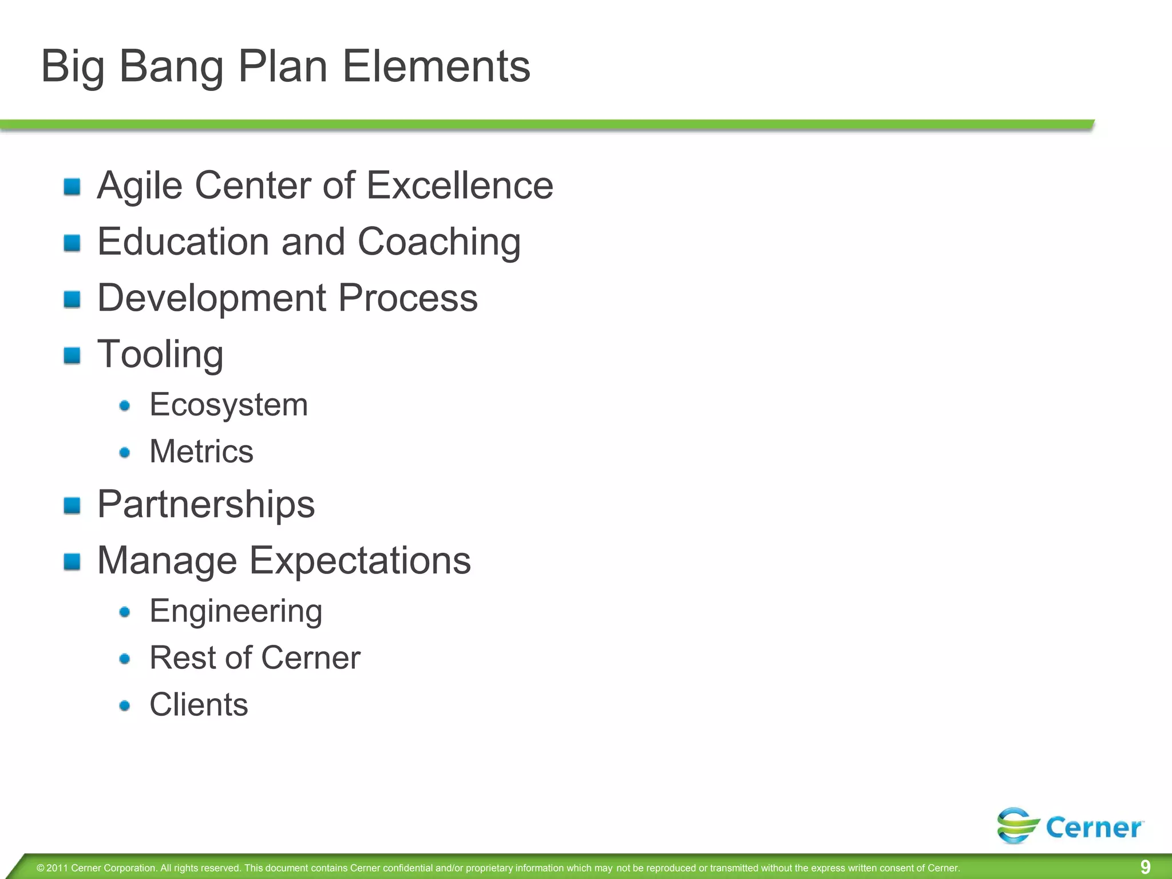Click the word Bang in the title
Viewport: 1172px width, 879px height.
click(171, 68)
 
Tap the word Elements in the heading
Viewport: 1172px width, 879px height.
click(436, 66)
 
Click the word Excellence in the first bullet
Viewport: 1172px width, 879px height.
click(460, 185)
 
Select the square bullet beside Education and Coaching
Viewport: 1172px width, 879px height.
click(72, 243)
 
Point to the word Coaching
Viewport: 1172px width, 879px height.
click(439, 243)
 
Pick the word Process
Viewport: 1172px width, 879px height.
click(407, 298)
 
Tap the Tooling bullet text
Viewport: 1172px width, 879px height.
click(160, 355)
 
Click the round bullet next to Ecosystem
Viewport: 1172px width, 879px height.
click(125, 406)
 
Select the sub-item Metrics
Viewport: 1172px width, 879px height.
click(201, 452)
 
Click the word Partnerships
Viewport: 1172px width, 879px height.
click(206, 505)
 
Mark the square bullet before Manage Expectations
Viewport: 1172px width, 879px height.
click(72, 562)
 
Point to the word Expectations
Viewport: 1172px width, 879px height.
click(360, 560)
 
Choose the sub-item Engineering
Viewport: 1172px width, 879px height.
click(236, 611)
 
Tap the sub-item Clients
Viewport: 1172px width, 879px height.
click(199, 704)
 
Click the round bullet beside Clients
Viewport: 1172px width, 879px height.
click(125, 706)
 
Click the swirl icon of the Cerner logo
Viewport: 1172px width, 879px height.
click(1017, 825)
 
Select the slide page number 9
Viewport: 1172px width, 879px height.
click(1145, 867)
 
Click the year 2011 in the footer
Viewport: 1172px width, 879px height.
click(57, 868)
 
